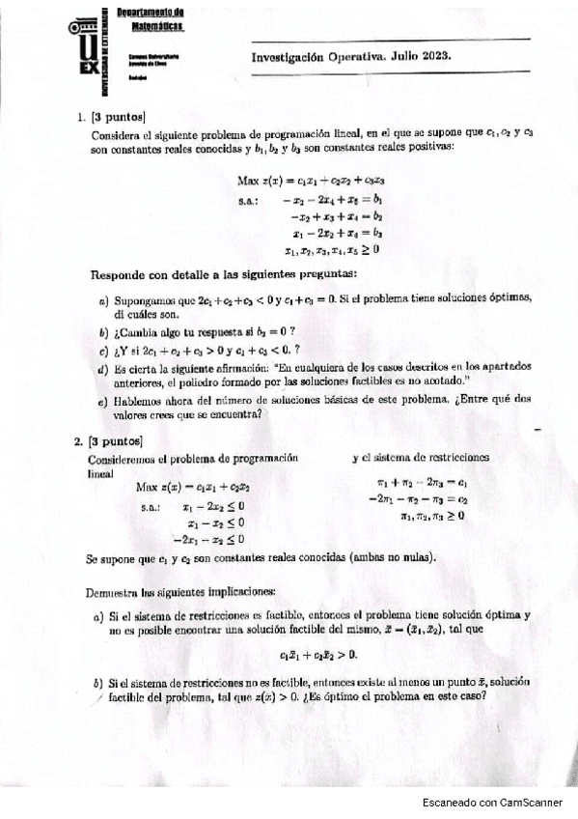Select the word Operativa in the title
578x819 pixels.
344,55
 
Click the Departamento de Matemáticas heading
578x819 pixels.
151,19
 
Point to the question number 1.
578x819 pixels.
80,117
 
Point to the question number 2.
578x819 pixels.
77,441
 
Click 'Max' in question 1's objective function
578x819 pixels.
248,180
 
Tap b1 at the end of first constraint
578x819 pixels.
377,200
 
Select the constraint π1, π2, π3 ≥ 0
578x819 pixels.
432,516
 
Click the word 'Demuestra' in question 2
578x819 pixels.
113,590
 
